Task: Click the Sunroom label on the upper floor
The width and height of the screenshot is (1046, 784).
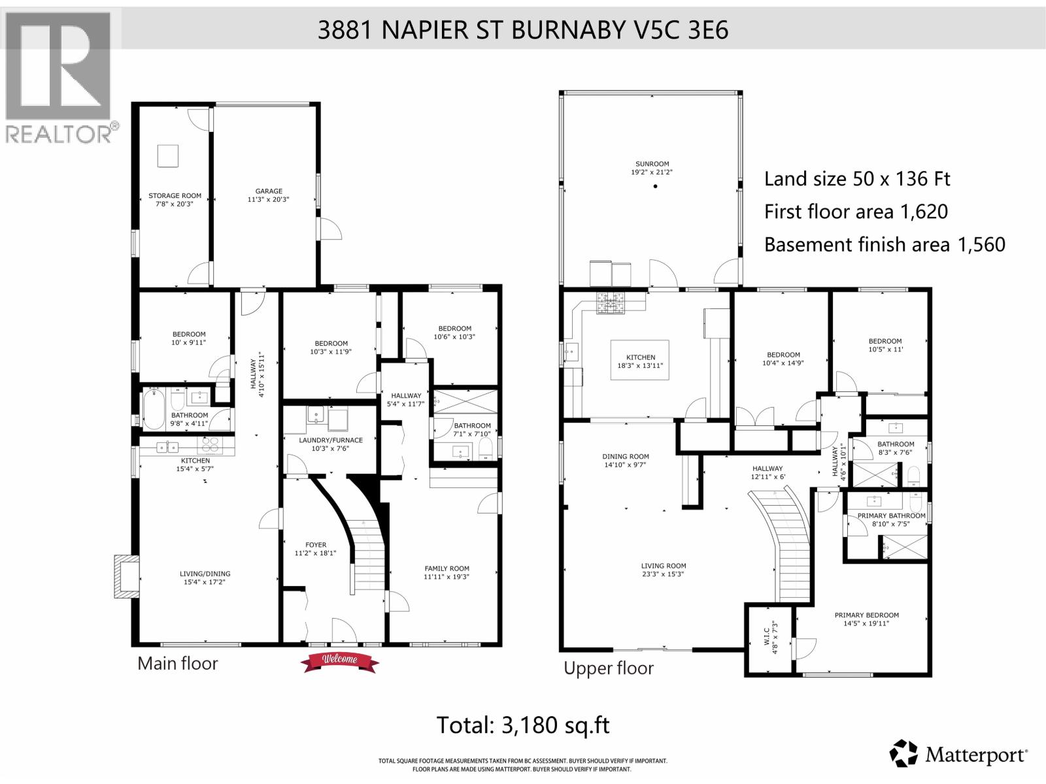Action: pos(652,168)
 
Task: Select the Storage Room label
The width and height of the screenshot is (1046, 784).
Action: pos(175,199)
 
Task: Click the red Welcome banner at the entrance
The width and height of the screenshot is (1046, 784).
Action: pos(340,659)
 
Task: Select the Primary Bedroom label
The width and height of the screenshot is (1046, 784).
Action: pos(866,619)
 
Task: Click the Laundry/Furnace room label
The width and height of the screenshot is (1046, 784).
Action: pos(330,444)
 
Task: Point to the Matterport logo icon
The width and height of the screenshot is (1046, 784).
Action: pos(905,754)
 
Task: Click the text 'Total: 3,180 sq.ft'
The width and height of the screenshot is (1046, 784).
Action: pos(522,725)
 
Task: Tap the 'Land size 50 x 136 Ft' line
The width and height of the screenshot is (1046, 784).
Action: pos(857,178)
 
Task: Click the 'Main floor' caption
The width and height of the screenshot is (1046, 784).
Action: pos(177,664)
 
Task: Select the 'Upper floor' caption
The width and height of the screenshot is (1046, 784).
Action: pos(608,668)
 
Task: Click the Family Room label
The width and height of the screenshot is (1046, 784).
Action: pos(447,572)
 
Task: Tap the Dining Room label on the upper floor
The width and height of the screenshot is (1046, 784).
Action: pos(625,461)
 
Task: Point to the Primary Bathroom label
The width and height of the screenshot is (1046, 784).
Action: pos(891,519)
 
